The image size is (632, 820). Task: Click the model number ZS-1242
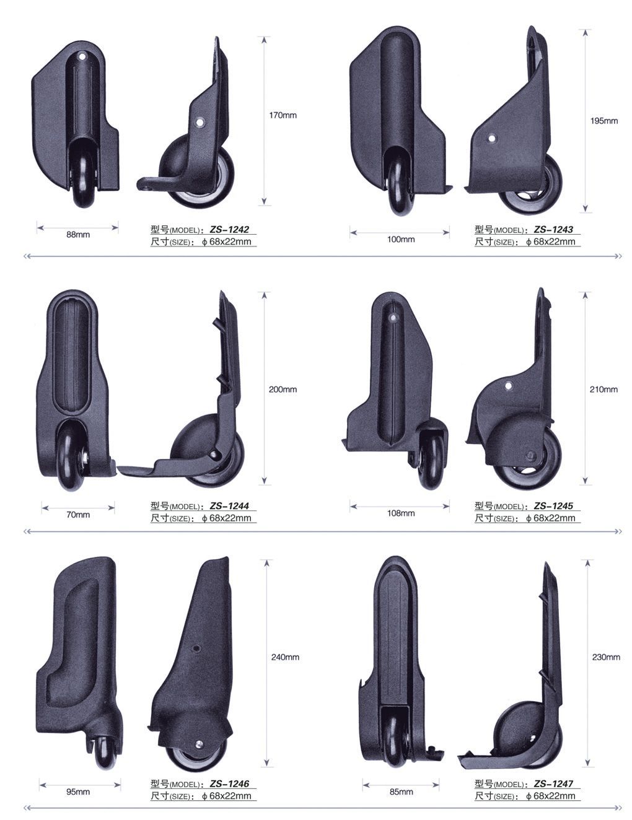coord(229,229)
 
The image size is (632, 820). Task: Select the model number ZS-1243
coord(553,229)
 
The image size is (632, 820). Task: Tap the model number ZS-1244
coord(229,505)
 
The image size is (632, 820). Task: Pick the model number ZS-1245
coord(553,505)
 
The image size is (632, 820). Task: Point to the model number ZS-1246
coord(229,784)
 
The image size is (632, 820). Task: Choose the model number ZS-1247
coord(553,784)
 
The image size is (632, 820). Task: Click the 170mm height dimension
coord(283,115)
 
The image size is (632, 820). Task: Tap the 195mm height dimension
coord(604,121)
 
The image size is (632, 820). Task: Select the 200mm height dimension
coord(283,390)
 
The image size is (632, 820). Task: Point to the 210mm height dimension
coord(603,390)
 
